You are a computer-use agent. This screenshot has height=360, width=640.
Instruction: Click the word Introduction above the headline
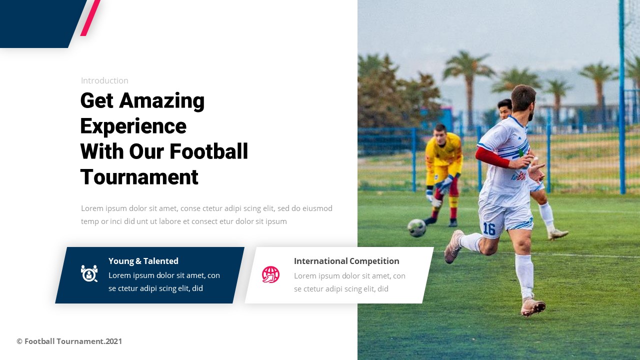104,80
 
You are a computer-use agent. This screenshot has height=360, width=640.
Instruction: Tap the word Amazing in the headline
162,100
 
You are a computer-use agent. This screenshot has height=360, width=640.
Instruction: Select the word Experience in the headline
133,126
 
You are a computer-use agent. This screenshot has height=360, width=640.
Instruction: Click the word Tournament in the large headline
139,177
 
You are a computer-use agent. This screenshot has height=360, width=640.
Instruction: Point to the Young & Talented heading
143,261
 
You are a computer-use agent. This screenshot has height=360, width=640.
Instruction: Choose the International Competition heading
346,261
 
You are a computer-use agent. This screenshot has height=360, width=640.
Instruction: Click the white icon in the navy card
89,273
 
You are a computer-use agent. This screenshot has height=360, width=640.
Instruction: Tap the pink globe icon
270,274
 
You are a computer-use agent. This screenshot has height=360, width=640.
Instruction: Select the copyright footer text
69,341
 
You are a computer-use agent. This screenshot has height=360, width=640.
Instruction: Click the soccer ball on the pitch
416,228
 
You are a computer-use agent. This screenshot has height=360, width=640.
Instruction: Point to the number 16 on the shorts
488,229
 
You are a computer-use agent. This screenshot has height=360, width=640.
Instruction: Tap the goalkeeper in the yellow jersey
443,160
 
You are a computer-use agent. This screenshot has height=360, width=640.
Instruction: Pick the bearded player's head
523,98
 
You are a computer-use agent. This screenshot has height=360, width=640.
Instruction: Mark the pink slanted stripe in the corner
90,18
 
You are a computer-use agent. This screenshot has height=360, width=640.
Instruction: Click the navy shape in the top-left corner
37,23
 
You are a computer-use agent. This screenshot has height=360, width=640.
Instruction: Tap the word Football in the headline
208,151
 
